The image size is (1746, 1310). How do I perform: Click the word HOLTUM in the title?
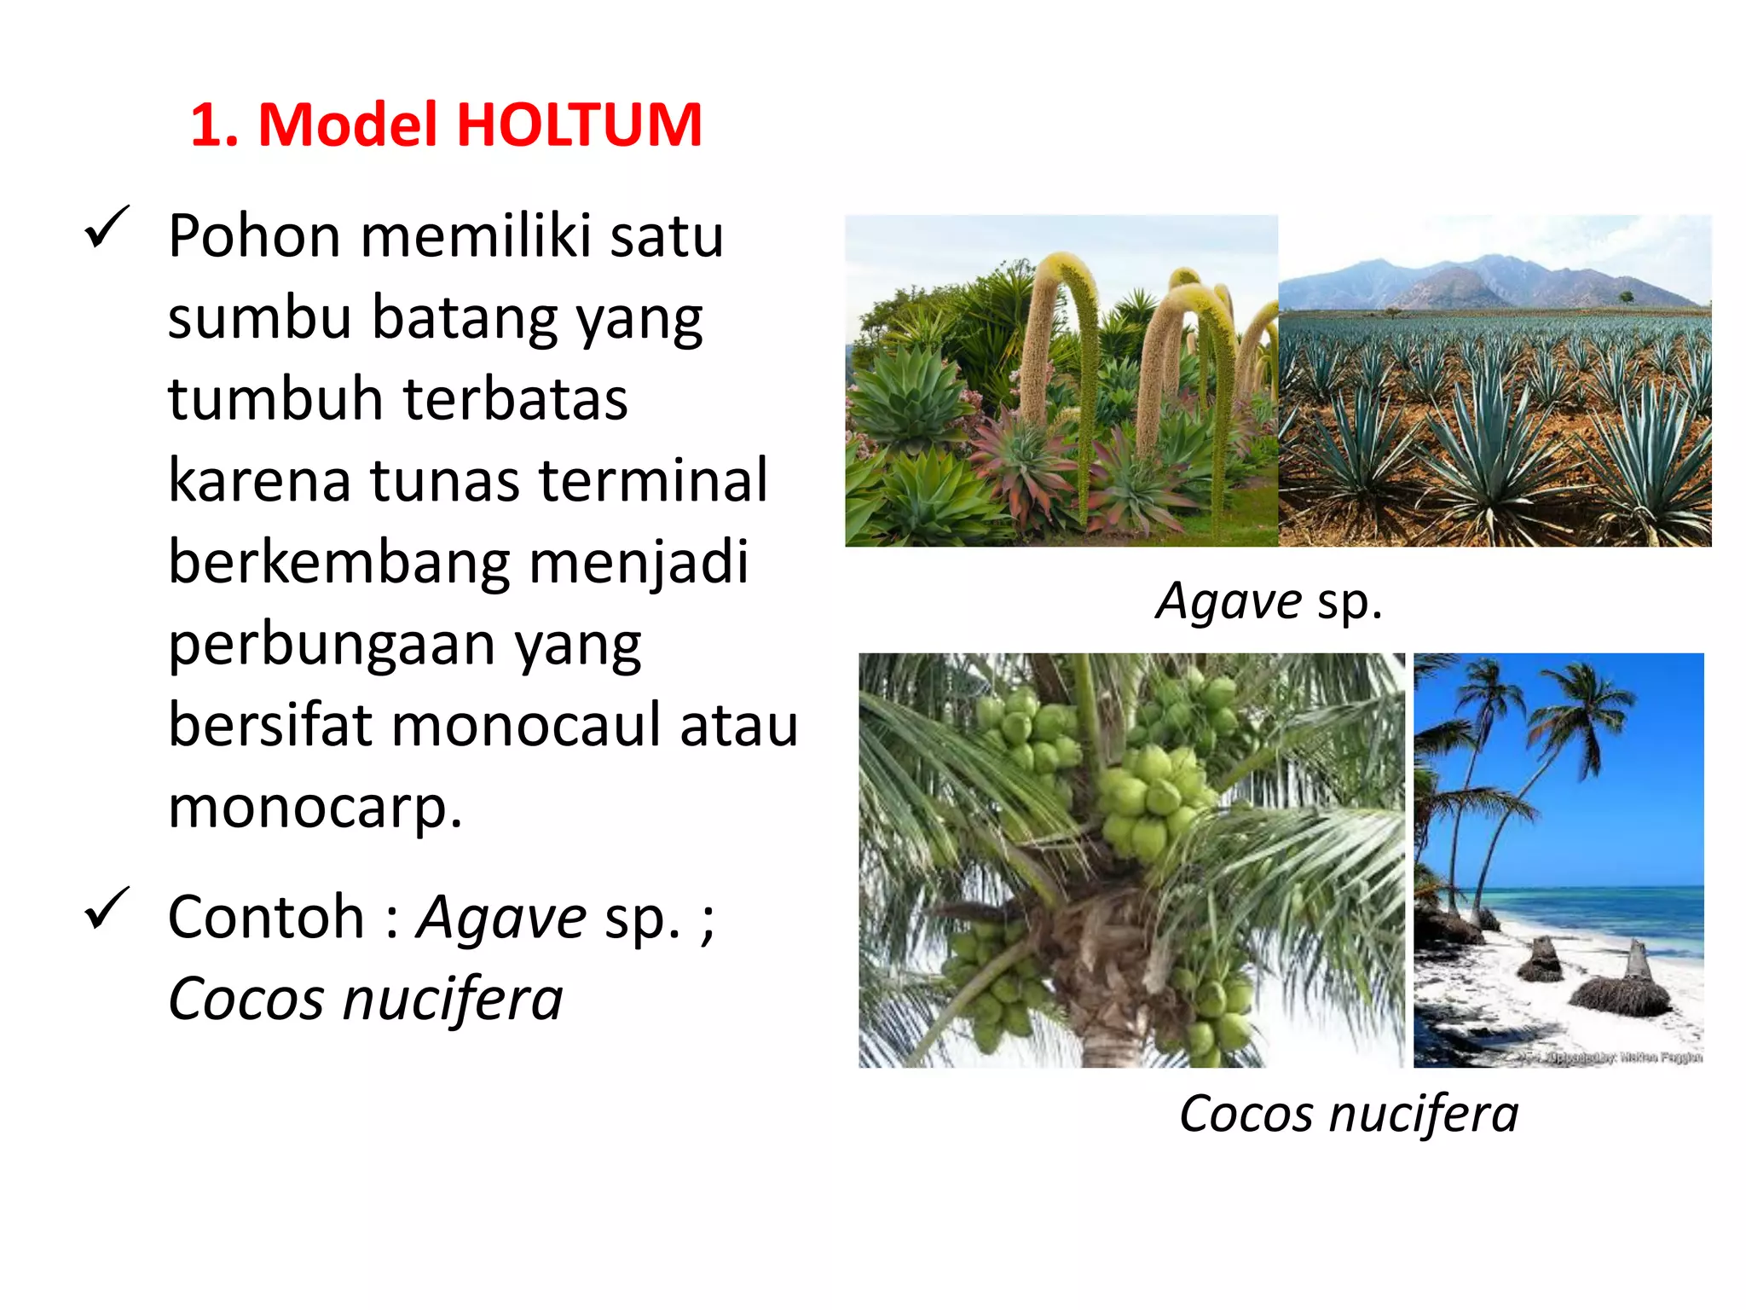(x=579, y=125)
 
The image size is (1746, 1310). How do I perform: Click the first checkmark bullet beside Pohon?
(x=107, y=228)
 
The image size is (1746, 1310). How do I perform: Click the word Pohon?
(x=254, y=236)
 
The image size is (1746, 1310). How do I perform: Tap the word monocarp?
(x=314, y=807)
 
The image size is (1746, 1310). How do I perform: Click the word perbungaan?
(x=331, y=645)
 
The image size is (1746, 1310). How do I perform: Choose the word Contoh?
(x=266, y=918)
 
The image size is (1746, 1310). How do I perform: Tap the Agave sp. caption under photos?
(x=1269, y=602)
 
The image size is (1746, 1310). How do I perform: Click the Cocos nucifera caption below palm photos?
(x=1349, y=1114)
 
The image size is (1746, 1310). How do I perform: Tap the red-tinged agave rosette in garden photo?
(x=1023, y=461)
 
